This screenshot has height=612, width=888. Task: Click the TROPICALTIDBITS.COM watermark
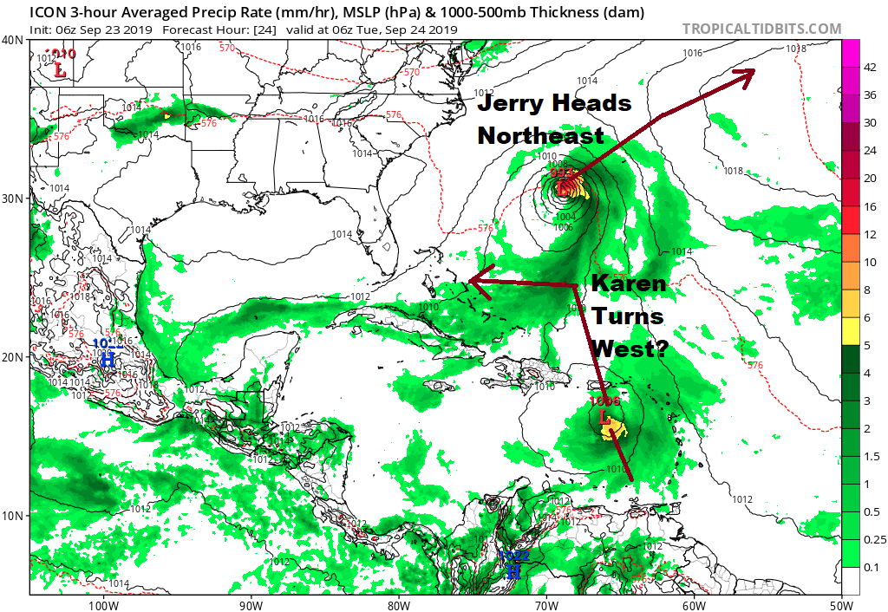[761, 29]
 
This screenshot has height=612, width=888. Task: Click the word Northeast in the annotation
[540, 136]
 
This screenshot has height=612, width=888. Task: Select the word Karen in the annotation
[629, 283]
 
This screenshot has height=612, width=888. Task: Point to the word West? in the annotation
[629, 348]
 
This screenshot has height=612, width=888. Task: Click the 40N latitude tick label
[13, 41]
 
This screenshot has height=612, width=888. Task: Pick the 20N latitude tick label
[13, 357]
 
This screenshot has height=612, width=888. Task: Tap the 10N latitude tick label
[13, 516]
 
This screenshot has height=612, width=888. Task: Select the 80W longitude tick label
[398, 604]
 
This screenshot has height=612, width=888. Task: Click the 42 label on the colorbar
[870, 68]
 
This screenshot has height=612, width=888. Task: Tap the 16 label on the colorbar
[870, 206]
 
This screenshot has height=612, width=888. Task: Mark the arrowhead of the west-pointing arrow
[473, 280]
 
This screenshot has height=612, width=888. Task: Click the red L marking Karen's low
[607, 420]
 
